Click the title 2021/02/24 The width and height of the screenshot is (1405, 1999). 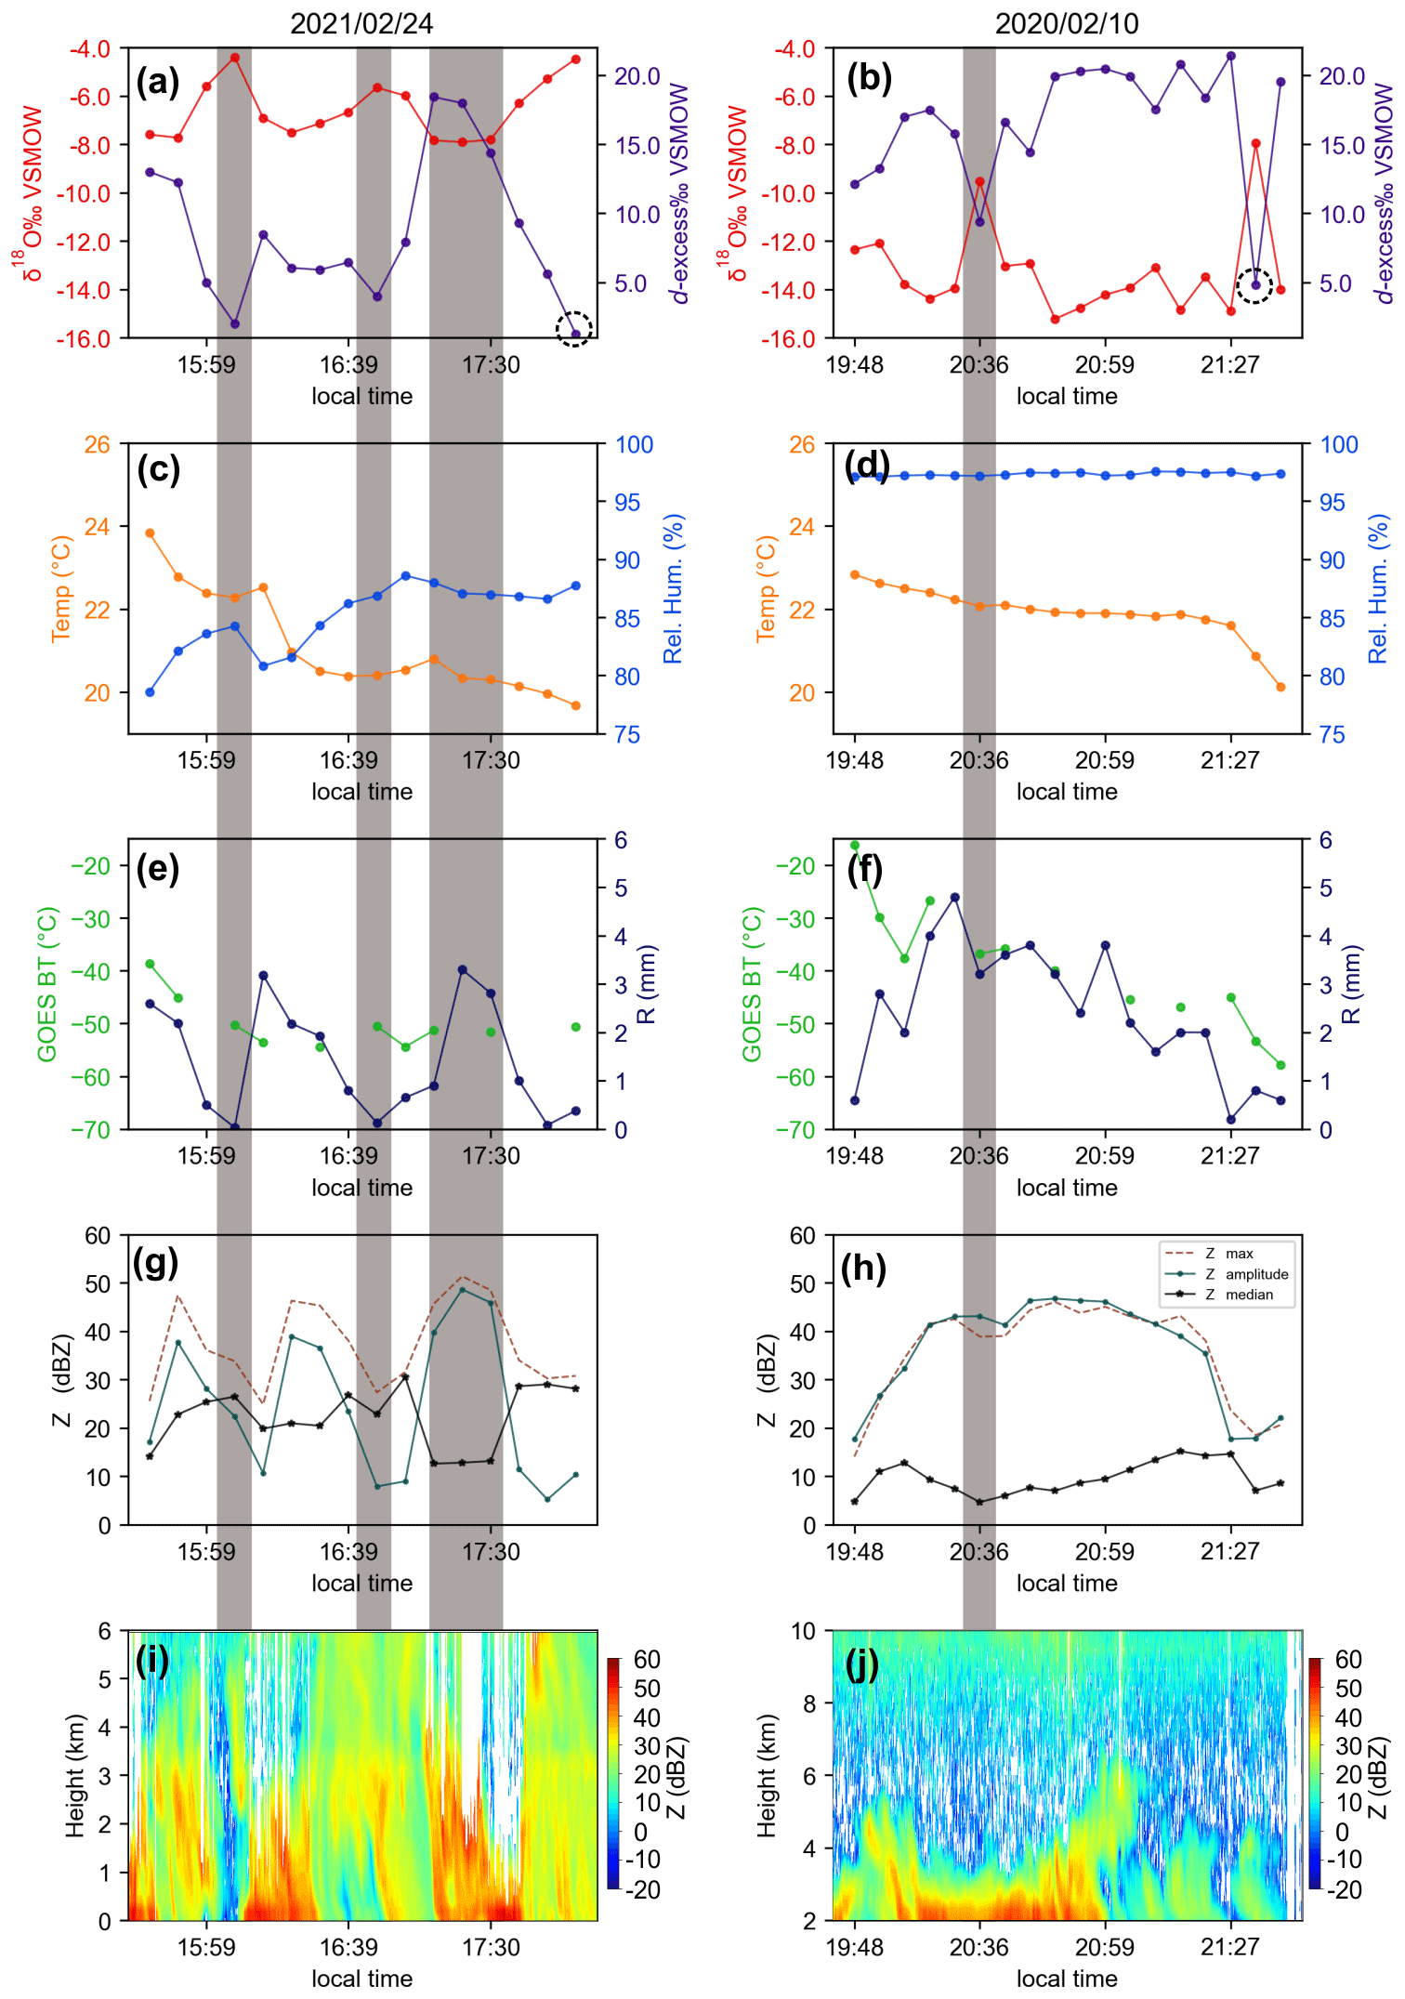pyautogui.click(x=361, y=23)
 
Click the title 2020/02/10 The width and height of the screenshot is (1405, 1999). pyautogui.click(x=1067, y=23)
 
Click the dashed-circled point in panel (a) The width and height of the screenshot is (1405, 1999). pyautogui.click(x=575, y=334)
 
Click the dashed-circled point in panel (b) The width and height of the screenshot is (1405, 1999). pyautogui.click(x=1255, y=285)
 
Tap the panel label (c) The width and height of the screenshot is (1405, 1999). pyautogui.click(x=158, y=469)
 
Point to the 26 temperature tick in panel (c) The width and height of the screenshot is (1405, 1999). pyautogui.click(x=97, y=445)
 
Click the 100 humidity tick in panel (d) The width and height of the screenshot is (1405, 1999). pyautogui.click(x=1339, y=445)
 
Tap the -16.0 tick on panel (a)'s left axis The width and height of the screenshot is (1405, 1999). pyautogui.click(x=85, y=339)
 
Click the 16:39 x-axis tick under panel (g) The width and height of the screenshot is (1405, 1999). pyautogui.click(x=348, y=1551)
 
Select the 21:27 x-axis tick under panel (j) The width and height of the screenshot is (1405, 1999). pyautogui.click(x=1229, y=1947)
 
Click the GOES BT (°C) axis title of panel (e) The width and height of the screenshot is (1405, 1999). pyautogui.click(x=47, y=984)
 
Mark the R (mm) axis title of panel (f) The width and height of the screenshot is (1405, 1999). pyautogui.click(x=1352, y=984)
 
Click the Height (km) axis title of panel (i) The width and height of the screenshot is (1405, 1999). pyautogui.click(x=75, y=1776)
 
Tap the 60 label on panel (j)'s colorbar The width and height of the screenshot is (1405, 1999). pyautogui.click(x=1348, y=1660)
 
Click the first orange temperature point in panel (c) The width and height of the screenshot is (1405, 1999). pyautogui.click(x=150, y=533)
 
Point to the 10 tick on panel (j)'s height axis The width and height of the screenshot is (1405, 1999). pyautogui.click(x=803, y=1632)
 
